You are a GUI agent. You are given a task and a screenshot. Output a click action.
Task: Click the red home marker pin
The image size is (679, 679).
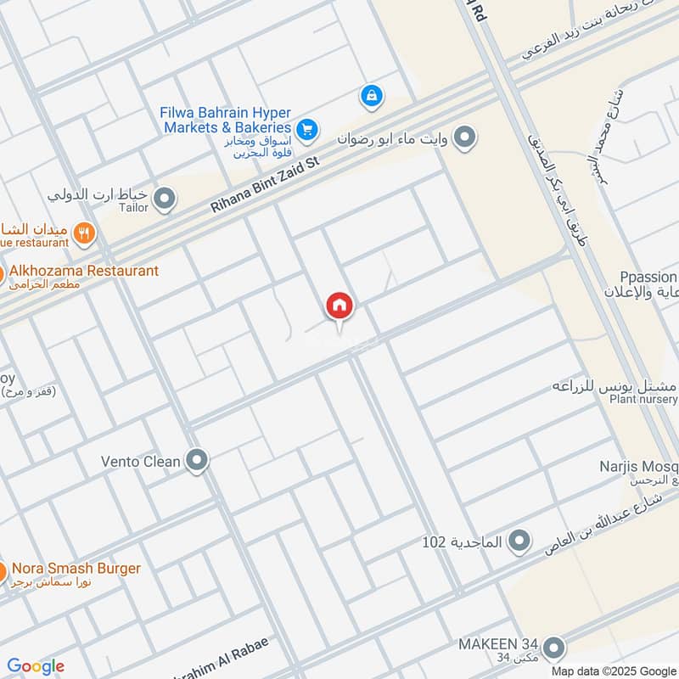point(339,306)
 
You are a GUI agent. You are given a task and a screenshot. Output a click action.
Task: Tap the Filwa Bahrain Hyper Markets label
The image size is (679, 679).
point(225,120)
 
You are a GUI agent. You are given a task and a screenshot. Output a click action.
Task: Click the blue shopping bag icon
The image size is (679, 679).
point(371,96)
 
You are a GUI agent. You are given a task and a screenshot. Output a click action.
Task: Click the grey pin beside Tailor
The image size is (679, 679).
point(166,199)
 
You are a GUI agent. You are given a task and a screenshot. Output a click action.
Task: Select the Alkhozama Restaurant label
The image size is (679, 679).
point(84,271)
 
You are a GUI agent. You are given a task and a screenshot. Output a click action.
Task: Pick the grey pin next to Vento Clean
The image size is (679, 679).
point(198,461)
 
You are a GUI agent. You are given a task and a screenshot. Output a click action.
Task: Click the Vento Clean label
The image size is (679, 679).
point(141,462)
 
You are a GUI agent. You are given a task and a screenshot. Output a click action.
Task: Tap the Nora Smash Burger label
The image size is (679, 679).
point(76,568)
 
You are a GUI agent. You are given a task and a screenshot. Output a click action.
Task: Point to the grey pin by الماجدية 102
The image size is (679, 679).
point(519,541)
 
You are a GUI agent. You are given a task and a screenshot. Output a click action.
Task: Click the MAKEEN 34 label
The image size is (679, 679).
point(496,643)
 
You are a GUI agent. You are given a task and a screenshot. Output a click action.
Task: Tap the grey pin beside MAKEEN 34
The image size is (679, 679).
point(553,648)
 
